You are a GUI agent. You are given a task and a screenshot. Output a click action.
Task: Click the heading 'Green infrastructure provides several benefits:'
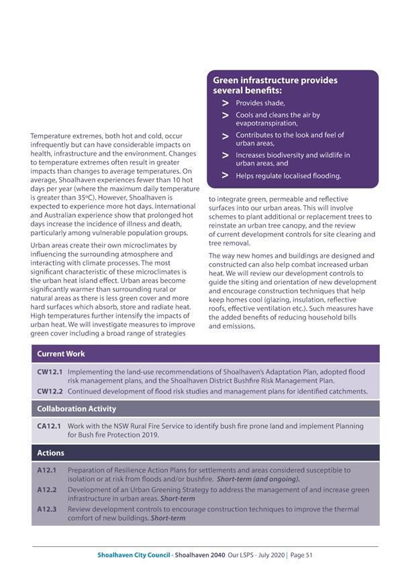(x=275, y=85)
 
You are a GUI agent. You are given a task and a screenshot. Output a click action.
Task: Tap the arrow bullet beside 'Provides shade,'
(x=225, y=103)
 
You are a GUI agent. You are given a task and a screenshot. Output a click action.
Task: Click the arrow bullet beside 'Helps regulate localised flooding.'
(x=225, y=176)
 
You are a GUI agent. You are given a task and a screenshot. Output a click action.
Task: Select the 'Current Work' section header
(x=61, y=354)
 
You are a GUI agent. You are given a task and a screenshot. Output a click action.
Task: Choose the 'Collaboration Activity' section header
(x=77, y=409)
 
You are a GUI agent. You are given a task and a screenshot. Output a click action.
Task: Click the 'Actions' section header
(x=51, y=453)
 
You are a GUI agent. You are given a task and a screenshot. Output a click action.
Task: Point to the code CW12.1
(x=50, y=371)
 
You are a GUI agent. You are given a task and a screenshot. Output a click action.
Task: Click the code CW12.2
(x=50, y=391)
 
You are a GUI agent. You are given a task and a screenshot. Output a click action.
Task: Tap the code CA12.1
(x=50, y=426)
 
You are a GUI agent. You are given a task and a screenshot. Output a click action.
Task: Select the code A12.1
(x=46, y=470)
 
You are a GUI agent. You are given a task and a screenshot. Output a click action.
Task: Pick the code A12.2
(x=46, y=490)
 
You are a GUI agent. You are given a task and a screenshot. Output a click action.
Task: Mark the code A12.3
(x=46, y=509)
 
